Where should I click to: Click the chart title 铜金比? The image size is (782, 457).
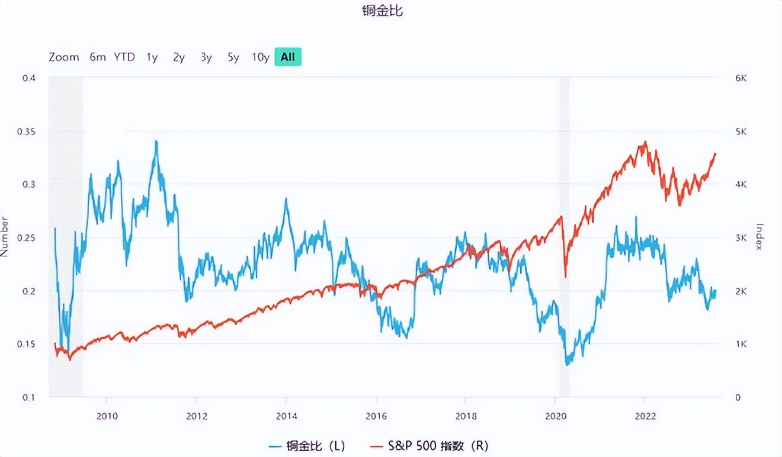[x=383, y=11]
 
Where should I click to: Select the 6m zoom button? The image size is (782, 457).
[x=98, y=57]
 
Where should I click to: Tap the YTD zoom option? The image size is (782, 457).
[x=124, y=57]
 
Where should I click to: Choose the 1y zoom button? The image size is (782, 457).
[x=152, y=57]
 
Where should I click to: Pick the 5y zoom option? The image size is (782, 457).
[x=233, y=57]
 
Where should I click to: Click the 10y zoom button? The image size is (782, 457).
[x=260, y=57]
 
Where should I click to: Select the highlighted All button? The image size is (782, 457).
[x=288, y=57]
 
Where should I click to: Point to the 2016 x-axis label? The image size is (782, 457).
[x=376, y=416]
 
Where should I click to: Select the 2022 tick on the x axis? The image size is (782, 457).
[x=645, y=416]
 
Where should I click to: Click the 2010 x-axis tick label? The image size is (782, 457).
[x=107, y=416]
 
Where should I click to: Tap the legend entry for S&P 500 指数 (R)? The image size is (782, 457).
[x=429, y=445]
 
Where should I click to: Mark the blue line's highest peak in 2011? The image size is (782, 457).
[x=156, y=141]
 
